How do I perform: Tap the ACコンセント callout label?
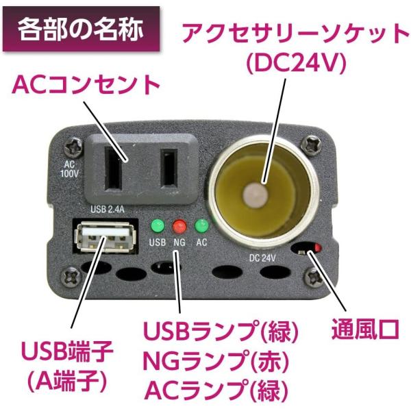point(86,84)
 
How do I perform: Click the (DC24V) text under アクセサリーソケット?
point(297,64)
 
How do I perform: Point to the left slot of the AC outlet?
point(114,169)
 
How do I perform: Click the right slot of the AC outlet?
point(169,169)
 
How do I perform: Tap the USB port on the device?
point(105,237)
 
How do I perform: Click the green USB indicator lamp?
point(158,226)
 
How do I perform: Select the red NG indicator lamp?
point(179,226)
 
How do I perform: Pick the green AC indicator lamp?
point(201,226)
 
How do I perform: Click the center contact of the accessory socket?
point(256,195)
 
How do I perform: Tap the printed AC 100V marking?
point(69,169)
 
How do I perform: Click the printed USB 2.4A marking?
point(108,210)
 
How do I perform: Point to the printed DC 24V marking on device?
point(262,258)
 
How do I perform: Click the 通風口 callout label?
point(365,328)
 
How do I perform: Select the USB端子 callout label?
point(67,351)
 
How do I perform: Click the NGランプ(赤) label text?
point(216,361)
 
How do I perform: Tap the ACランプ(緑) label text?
point(216,390)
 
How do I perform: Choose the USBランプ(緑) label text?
point(221,331)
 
